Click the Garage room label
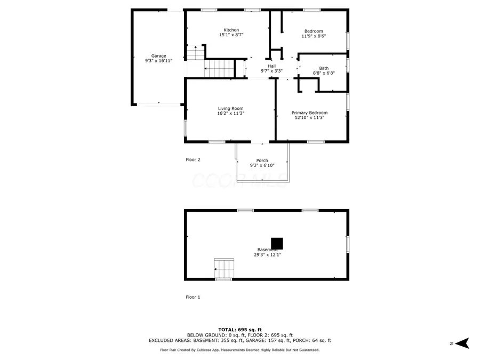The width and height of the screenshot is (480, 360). click(158, 56)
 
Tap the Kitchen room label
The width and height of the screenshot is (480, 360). click(231, 30)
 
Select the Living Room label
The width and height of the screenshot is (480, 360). click(230, 108)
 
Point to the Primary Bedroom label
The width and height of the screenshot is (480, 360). click(309, 113)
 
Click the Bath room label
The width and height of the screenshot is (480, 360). click(324, 68)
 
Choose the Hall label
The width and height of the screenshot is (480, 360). click(271, 66)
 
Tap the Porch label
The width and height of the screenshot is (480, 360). click(262, 161)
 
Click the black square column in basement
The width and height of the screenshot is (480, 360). click(277, 243)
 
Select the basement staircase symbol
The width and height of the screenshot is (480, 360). click(224, 267)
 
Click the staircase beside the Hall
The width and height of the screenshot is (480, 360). click(220, 68)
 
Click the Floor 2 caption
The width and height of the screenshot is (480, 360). click(193, 159)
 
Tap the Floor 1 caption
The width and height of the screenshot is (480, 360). click(193, 297)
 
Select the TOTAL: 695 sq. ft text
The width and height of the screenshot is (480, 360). click(239, 329)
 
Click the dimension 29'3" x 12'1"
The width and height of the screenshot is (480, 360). click(267, 255)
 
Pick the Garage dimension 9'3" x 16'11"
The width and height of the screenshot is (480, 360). click(158, 61)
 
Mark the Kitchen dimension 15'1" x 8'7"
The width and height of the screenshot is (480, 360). click(231, 35)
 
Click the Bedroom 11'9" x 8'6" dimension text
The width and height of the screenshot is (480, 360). click(314, 36)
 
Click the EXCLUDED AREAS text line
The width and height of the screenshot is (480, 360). click(239, 340)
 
